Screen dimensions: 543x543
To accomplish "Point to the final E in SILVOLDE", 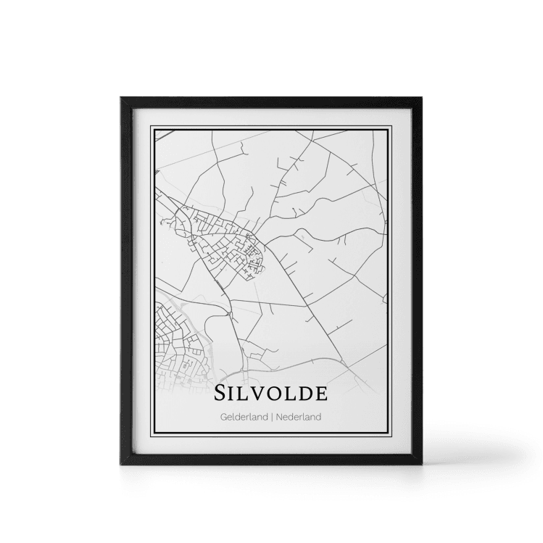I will [320, 394].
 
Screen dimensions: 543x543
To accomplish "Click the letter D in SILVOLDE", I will [304, 394].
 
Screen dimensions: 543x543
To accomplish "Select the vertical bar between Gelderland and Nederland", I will [271, 418].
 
